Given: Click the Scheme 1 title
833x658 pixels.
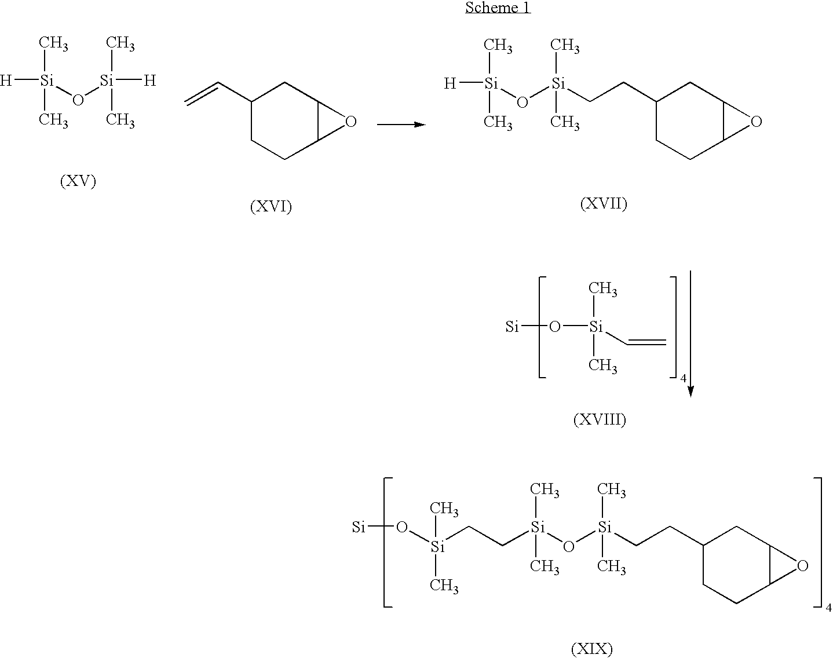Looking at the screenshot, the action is click(x=498, y=8).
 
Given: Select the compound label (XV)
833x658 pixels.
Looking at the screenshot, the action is click(x=78, y=181).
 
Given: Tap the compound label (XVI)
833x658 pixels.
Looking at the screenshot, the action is click(x=271, y=206).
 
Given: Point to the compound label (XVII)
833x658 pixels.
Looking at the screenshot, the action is click(x=604, y=203).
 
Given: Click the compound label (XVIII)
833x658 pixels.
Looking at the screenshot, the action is click(x=600, y=419).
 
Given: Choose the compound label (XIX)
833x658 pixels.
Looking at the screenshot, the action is click(x=592, y=648).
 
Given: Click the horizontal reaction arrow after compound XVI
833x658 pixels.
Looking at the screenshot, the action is click(x=401, y=125).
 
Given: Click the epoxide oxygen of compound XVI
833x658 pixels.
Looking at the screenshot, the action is click(x=350, y=122).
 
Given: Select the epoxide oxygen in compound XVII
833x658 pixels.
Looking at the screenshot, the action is click(x=757, y=122).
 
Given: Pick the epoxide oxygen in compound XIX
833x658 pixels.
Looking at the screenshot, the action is click(x=803, y=566).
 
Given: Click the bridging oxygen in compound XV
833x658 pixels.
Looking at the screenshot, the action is click(x=78, y=100).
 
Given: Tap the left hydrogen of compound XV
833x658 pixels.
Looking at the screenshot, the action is click(x=6, y=81).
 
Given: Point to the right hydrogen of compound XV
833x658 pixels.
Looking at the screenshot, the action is click(x=150, y=81).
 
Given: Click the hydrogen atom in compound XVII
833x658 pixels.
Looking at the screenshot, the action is click(x=450, y=83).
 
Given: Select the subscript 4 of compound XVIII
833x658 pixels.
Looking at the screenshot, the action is click(x=683, y=378).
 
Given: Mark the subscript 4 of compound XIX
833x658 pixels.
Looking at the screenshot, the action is click(x=828, y=608).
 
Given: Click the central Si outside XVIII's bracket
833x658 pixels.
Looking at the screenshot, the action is click(x=512, y=327).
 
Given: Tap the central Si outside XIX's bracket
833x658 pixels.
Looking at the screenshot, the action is click(x=359, y=527).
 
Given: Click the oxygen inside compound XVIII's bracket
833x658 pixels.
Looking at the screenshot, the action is click(x=555, y=327).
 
